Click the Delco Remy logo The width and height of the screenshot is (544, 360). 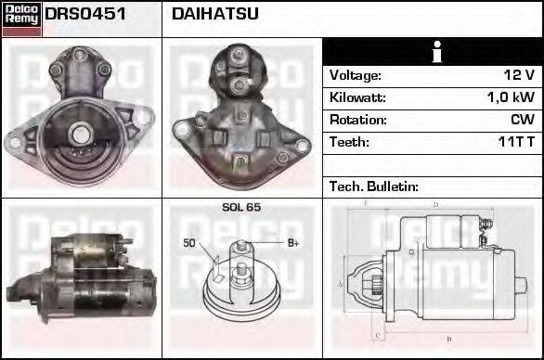[21, 18]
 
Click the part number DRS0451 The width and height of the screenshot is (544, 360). [84, 14]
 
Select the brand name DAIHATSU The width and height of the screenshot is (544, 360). [215, 14]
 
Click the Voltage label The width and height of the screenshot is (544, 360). [356, 75]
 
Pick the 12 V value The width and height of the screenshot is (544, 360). [517, 75]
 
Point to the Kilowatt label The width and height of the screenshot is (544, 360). [357, 97]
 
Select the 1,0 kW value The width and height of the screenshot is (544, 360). [511, 97]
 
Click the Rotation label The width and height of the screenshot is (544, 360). [356, 120]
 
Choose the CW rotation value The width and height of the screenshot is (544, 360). [522, 120]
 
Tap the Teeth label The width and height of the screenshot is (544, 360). [349, 142]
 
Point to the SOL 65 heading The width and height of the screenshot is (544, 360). [241, 208]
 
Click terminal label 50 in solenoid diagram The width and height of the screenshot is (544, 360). [189, 243]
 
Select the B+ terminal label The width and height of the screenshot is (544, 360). [293, 243]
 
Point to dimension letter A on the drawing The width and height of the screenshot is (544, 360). [341, 282]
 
